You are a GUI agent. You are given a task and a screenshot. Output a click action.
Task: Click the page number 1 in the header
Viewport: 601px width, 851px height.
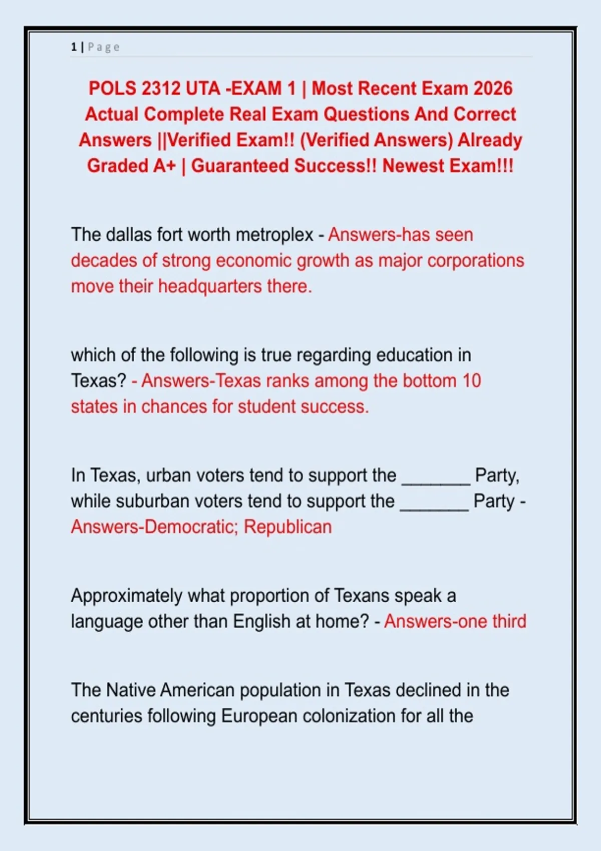74,47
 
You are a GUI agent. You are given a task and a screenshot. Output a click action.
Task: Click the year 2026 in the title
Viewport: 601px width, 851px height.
493,89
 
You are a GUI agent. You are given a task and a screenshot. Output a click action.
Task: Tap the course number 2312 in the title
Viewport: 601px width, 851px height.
160,89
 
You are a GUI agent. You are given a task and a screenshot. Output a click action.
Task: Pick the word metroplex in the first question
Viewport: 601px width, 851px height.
274,235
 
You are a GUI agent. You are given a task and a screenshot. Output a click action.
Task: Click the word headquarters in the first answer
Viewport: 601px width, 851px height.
210,286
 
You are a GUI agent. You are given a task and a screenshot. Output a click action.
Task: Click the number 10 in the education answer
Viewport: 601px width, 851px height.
471,381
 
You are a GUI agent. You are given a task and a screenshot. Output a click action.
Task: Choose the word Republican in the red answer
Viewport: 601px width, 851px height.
287,527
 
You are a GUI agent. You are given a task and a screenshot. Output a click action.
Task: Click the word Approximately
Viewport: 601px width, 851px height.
127,596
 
